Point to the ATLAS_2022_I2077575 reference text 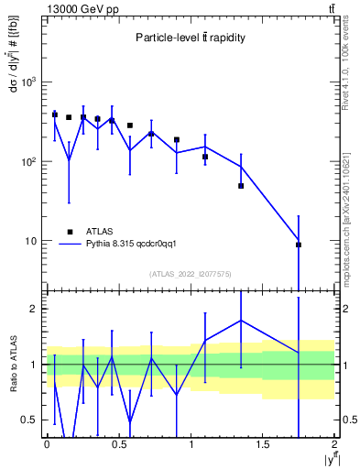point(190,274)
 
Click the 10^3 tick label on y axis point(29,82)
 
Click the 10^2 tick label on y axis point(29,162)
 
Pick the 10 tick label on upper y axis point(32,242)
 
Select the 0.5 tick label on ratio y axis point(33,420)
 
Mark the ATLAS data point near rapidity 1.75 point(299,245)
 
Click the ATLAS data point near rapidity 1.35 point(241,186)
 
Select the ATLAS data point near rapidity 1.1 point(205,157)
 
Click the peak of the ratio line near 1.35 point(241,321)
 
